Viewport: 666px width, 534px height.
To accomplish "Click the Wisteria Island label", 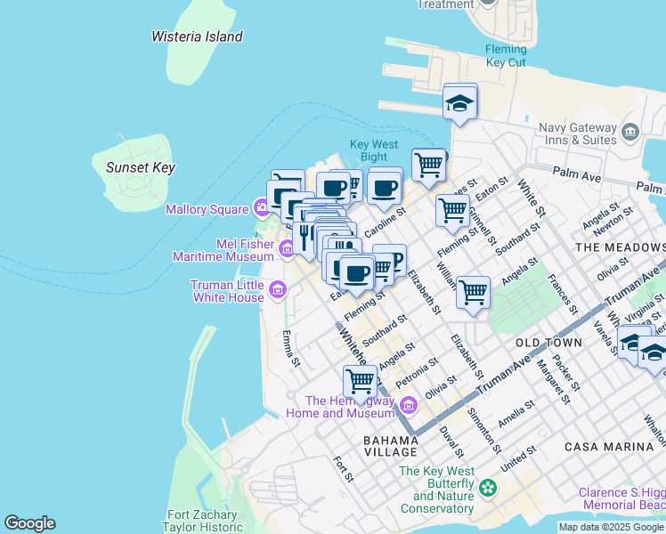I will click(x=197, y=36).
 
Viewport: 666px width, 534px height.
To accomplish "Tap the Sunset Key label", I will click(x=140, y=167).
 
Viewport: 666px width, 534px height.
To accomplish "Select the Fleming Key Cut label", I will click(x=505, y=56).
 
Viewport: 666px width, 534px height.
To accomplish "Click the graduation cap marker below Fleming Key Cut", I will click(x=460, y=102).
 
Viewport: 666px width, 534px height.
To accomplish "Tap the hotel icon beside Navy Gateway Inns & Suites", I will click(x=631, y=132).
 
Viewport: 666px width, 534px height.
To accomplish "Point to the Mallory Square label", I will click(x=207, y=209).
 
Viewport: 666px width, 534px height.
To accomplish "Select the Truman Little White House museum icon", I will click(x=278, y=289).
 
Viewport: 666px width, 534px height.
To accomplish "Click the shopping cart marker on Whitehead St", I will click(x=361, y=380).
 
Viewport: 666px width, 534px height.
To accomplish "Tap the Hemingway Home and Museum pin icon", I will click(x=409, y=407).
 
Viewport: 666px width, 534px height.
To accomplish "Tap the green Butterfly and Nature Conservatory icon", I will click(x=487, y=487).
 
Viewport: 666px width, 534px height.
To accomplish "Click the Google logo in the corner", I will click(x=29, y=523).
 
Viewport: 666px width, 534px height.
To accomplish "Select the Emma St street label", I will click(x=288, y=346).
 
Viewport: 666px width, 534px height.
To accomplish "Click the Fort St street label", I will click(x=343, y=469).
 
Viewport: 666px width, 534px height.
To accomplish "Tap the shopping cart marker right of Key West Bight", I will click(x=428, y=166).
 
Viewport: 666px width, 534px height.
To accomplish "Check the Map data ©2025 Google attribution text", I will click(x=611, y=527).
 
